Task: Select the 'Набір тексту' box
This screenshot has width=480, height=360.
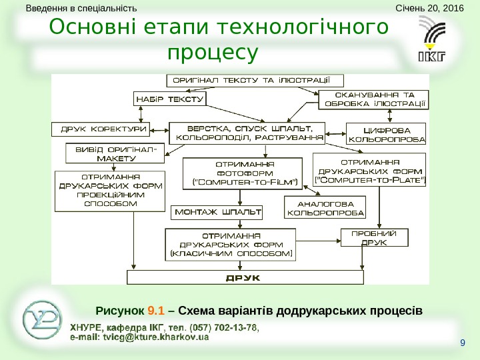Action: click(169, 99)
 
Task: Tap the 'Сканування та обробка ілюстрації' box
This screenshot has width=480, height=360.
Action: click(373, 99)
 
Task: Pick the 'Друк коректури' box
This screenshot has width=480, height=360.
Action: click(100, 128)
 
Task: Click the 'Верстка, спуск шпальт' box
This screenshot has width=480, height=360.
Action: click(246, 133)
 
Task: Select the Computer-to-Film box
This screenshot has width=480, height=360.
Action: click(243, 174)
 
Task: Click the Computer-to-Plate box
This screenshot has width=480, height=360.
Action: click(371, 171)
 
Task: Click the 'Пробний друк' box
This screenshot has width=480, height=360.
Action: click(374, 238)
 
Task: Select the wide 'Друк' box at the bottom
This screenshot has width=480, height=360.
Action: click(247, 277)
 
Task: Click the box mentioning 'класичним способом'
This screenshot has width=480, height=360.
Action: click(231, 245)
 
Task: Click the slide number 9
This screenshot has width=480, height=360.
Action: click(462, 343)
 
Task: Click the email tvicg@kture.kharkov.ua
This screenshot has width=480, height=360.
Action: click(139, 337)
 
